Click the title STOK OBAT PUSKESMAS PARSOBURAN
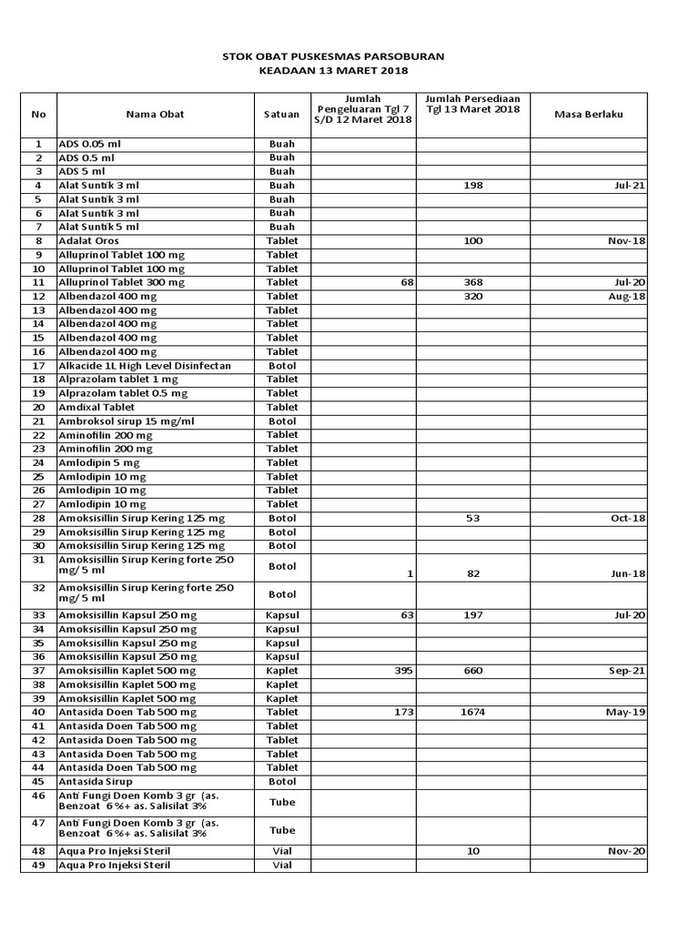click(x=333, y=56)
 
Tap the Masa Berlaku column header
click(x=588, y=114)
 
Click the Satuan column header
click(x=281, y=114)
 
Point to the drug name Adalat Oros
click(x=89, y=241)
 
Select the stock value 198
click(x=472, y=186)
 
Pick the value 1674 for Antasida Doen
click(x=472, y=713)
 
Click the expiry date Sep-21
click(x=627, y=671)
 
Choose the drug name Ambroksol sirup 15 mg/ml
click(x=127, y=421)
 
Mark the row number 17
click(x=38, y=366)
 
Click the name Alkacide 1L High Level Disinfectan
click(x=145, y=366)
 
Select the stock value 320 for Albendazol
click(x=472, y=297)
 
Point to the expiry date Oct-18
click(x=627, y=518)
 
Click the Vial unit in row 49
click(x=282, y=865)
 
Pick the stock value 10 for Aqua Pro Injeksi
click(x=472, y=851)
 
